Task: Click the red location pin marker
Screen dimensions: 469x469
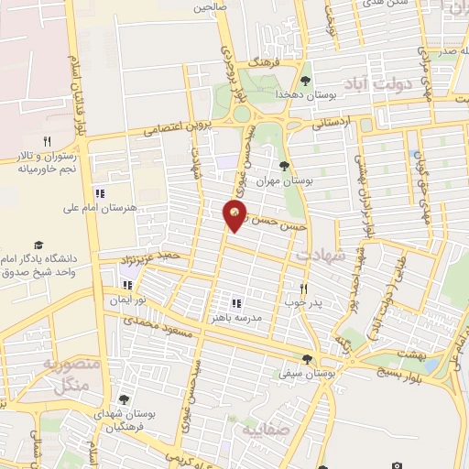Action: (x=235, y=214)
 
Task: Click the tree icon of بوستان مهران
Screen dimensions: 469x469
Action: (x=286, y=166)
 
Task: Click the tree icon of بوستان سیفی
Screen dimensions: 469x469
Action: (x=306, y=359)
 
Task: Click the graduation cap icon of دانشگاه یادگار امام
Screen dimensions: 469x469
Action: (x=38, y=245)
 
